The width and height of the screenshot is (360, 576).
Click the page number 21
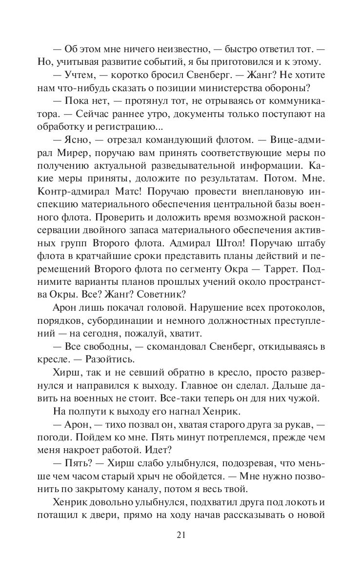coord(180,536)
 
